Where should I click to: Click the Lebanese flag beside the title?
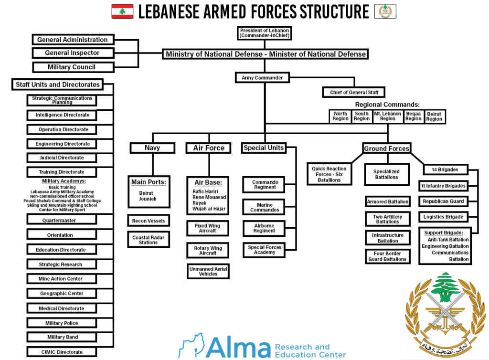point(122,11)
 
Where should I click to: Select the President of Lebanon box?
point(264,32)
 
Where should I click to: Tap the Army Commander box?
point(262,77)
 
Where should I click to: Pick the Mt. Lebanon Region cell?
point(388,116)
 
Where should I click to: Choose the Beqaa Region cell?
point(414,116)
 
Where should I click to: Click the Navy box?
point(152,148)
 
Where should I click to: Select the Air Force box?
point(209,148)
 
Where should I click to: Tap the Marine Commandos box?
point(265,207)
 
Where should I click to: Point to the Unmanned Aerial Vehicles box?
point(208,271)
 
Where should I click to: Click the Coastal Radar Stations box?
point(148,239)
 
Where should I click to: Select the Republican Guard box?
point(443,201)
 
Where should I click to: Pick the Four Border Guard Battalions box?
point(387,256)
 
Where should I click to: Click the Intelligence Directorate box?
point(62,115)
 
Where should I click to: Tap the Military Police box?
point(62,323)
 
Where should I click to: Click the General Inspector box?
point(73,53)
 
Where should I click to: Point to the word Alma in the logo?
point(239,347)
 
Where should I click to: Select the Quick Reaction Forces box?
point(329,174)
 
